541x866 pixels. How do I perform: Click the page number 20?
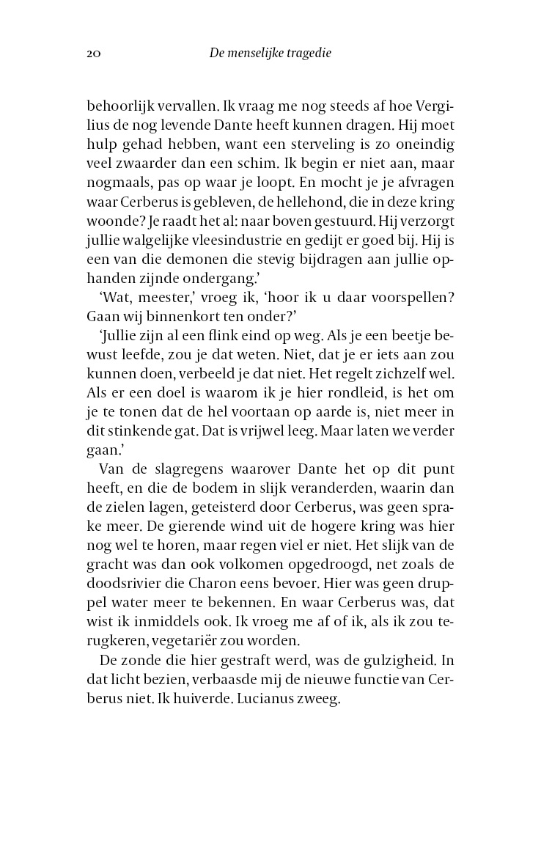point(93,53)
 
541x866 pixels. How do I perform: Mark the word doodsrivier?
point(128,565)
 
